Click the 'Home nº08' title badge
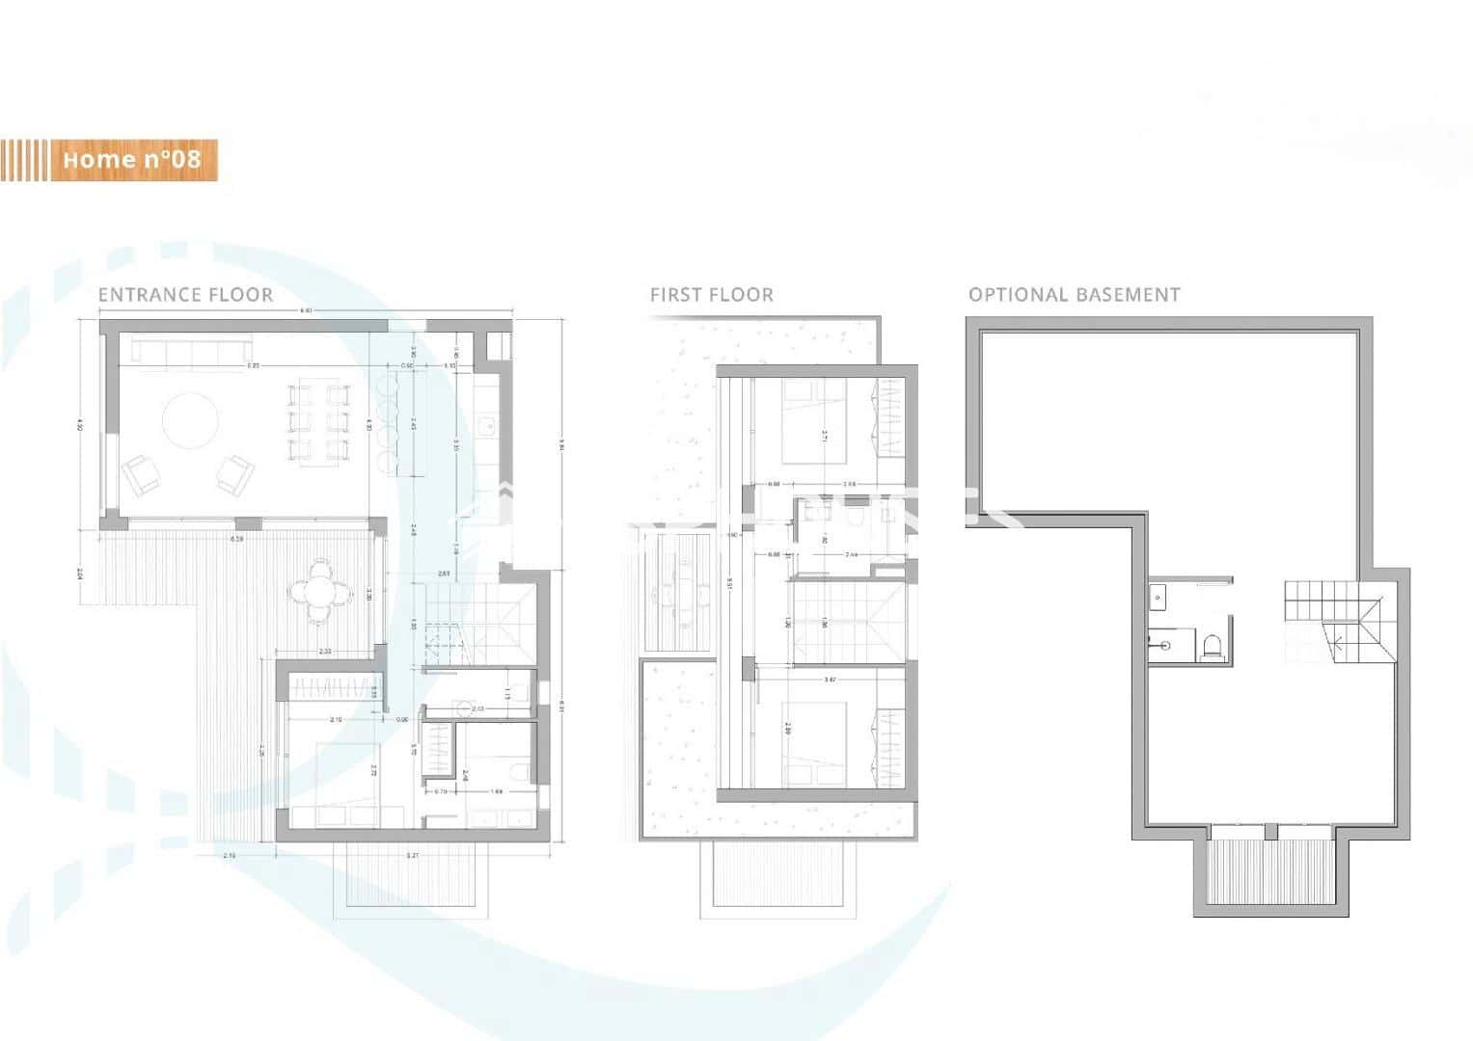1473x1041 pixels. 131,160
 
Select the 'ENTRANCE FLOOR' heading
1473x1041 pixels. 185,295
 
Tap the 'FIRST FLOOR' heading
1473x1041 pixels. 711,295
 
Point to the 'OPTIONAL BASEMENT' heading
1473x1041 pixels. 1074,295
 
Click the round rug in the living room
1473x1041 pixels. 189,421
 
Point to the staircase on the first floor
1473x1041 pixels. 846,622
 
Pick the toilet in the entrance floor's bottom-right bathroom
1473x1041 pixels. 519,770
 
